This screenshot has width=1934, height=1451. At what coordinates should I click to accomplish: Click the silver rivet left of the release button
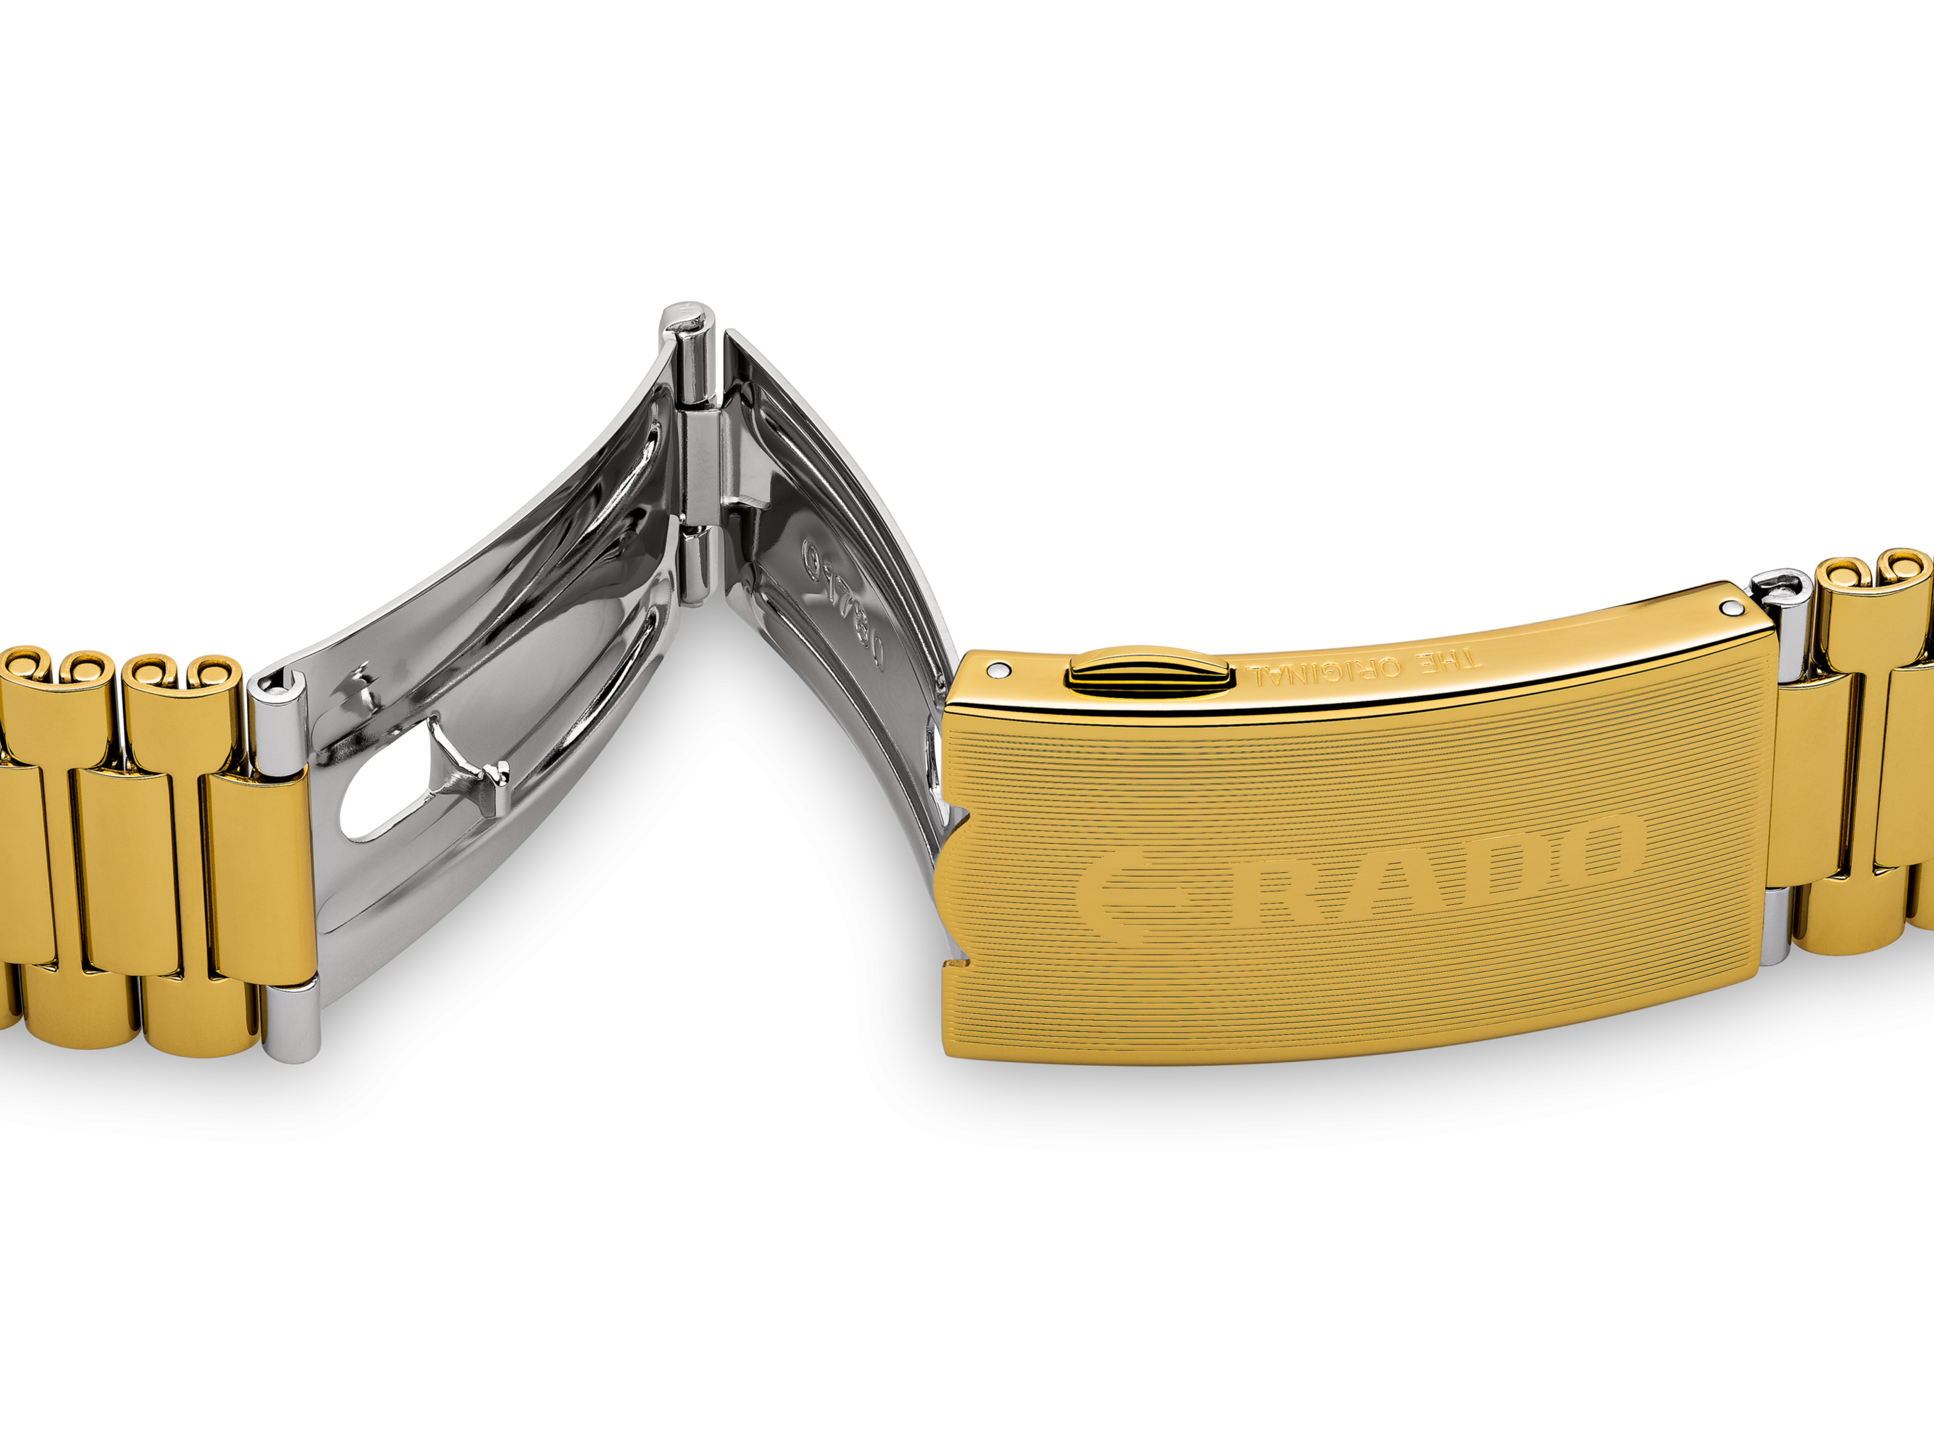996,670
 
